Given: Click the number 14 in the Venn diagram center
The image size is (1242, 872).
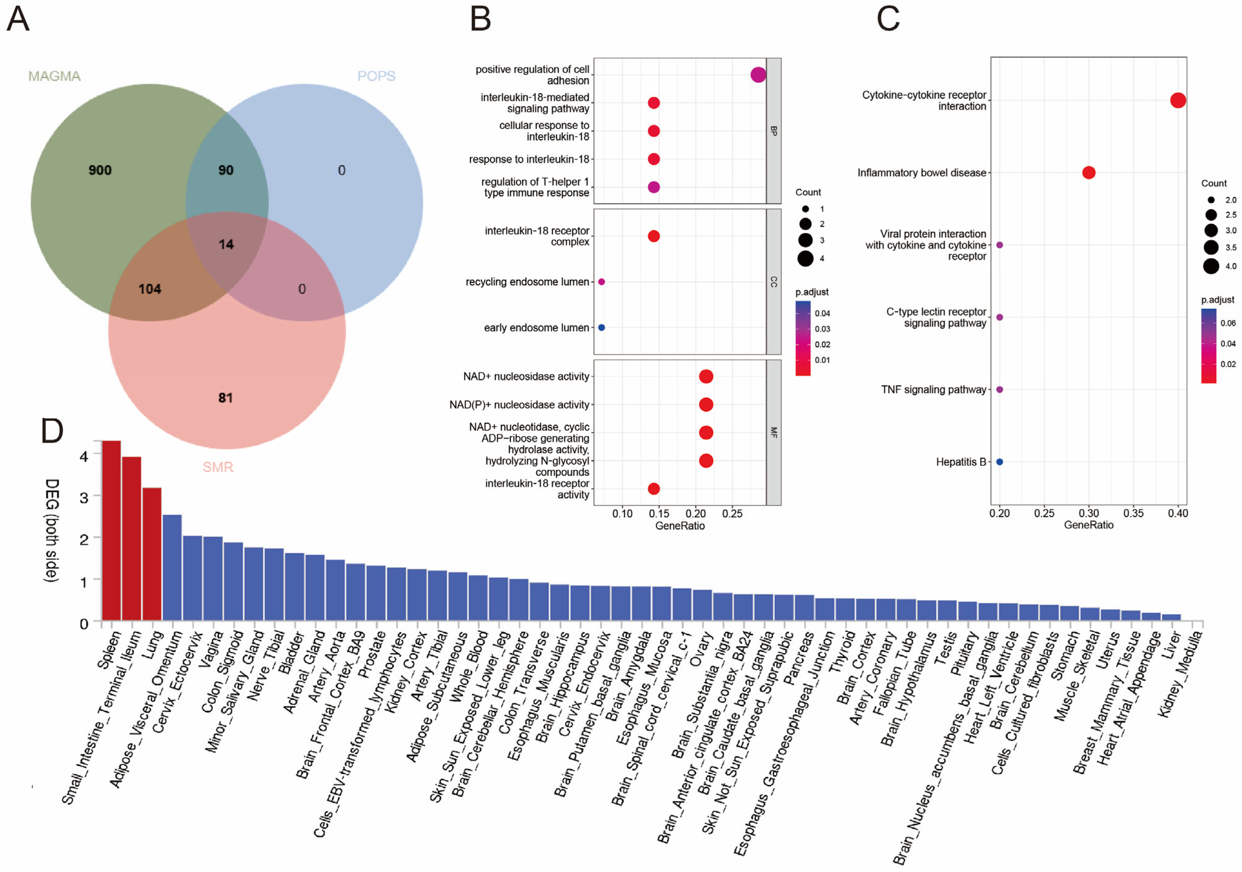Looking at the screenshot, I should pos(226,245).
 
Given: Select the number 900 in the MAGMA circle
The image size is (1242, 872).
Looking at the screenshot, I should pos(100,170).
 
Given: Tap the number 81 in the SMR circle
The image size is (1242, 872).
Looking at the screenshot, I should pos(226,398).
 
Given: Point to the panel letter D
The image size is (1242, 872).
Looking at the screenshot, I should pos(52,431).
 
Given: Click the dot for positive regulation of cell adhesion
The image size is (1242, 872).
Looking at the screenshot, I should pos(758,75).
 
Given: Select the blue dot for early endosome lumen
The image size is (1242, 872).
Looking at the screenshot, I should pos(602,327).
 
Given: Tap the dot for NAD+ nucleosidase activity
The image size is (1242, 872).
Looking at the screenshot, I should pos(706,377).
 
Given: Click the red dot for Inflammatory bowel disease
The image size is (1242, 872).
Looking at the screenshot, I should pos(1089,173).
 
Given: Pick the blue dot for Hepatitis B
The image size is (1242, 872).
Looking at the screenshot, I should pos(1000,462).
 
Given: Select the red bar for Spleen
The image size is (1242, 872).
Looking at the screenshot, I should pos(112,530).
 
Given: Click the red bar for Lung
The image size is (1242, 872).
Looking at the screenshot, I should pos(152,554).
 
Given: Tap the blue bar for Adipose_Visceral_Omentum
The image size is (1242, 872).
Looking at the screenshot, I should pos(172,568).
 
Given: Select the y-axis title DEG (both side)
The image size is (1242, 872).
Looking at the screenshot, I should pos(51,530).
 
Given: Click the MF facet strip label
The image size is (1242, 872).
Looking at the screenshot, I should pos(774,432).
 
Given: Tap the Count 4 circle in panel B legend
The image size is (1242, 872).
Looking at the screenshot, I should pos(806,259).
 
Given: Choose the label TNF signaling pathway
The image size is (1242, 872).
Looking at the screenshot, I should pos(933,389).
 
